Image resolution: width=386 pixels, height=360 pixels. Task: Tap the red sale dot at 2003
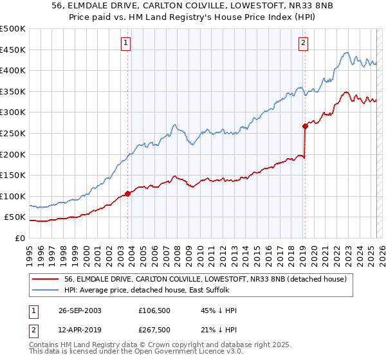[128, 193]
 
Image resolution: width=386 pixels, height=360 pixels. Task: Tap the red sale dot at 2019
[305, 126]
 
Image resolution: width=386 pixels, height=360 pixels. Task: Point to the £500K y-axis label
[13, 29]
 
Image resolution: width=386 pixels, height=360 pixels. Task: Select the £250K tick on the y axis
[13, 133]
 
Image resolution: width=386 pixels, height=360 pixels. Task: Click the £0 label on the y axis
[20, 238]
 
